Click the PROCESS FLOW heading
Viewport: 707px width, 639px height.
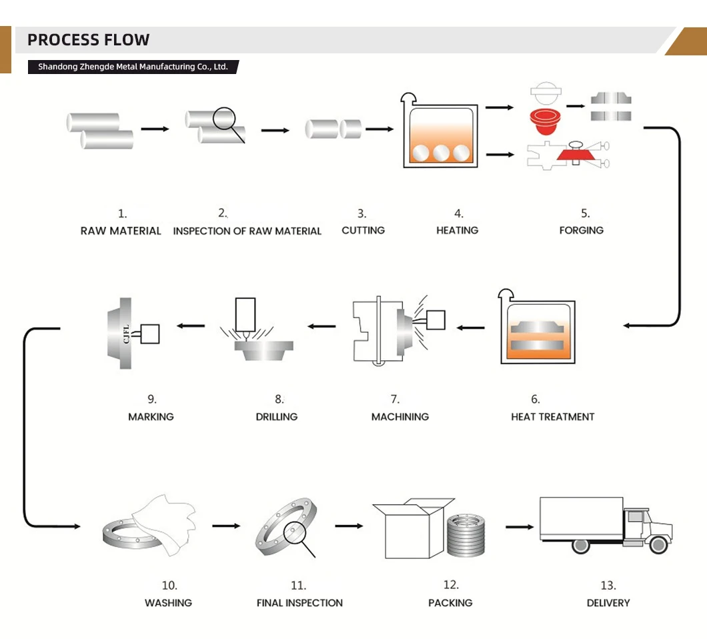(x=88, y=40)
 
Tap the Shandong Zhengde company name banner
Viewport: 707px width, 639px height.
(x=133, y=67)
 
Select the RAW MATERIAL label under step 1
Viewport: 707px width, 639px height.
(x=121, y=231)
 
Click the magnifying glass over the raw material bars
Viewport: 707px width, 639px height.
(x=225, y=121)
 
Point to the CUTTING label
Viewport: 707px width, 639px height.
(x=363, y=230)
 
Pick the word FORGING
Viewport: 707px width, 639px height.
(x=581, y=230)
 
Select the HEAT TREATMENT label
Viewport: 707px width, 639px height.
(x=552, y=417)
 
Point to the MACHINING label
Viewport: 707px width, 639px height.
(x=400, y=417)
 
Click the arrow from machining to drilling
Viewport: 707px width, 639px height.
(x=321, y=326)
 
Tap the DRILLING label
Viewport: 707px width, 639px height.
(x=276, y=417)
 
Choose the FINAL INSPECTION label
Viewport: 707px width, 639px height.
(x=299, y=603)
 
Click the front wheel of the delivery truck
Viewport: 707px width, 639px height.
(x=658, y=544)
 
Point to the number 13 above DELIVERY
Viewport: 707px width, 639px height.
(x=608, y=586)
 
